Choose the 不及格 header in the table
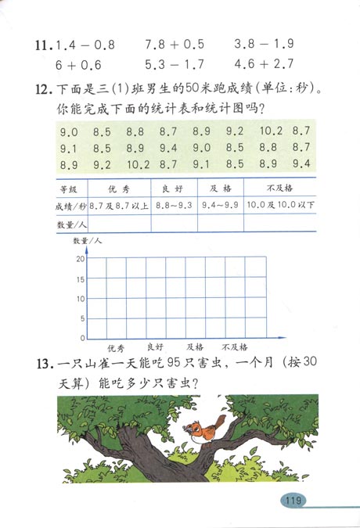coord(279,189)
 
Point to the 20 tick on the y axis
coord(81,259)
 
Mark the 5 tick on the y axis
coord(82,318)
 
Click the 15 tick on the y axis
coord(81,278)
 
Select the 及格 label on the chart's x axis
coord(196,347)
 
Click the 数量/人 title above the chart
coord(86,240)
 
